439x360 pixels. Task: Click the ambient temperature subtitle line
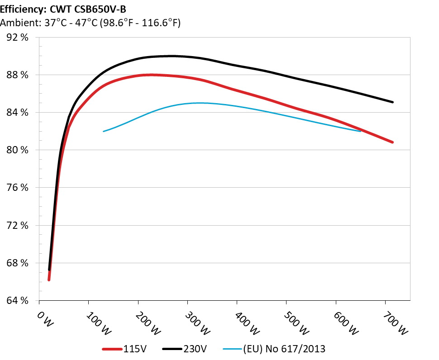coord(90,23)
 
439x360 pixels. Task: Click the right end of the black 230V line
coord(392,102)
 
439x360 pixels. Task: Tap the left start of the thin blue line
coord(104,131)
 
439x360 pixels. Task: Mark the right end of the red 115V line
coord(392,142)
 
